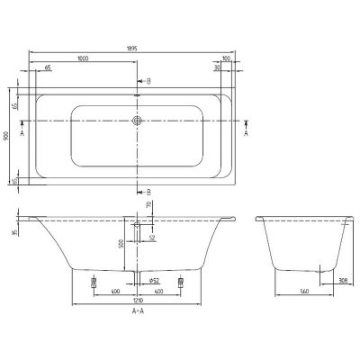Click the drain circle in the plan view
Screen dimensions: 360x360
(x=137, y=119)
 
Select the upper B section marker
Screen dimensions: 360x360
(x=148, y=81)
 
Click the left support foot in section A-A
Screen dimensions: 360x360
(x=94, y=280)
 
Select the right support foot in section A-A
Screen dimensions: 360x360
(x=181, y=280)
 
